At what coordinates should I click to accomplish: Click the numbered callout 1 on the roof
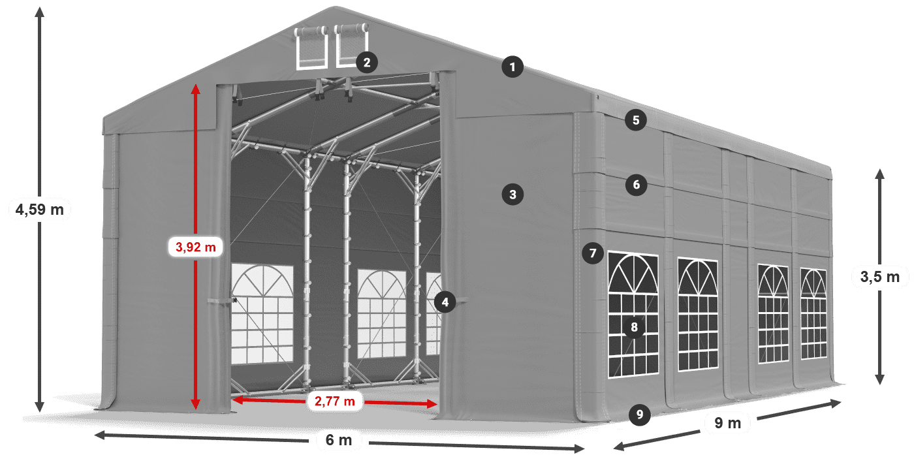512,67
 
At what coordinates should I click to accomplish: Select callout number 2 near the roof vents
366,63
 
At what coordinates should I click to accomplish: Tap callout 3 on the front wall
512,194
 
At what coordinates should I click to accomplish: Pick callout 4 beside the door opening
445,302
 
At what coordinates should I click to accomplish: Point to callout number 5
635,120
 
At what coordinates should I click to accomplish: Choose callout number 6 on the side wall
637,185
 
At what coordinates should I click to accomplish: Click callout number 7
592,253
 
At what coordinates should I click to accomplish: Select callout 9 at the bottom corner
639,414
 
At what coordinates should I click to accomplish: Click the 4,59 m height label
39,210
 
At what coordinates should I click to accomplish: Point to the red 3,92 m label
195,247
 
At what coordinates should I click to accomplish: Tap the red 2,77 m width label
334,401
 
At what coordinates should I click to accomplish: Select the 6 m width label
338,441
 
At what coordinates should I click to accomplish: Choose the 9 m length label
727,424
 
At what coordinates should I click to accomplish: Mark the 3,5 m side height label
879,277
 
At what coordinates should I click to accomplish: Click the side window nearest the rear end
813,313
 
